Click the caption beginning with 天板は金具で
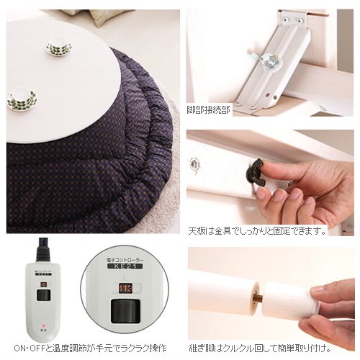click(x=256, y=232)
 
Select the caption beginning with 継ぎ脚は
click(x=259, y=347)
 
